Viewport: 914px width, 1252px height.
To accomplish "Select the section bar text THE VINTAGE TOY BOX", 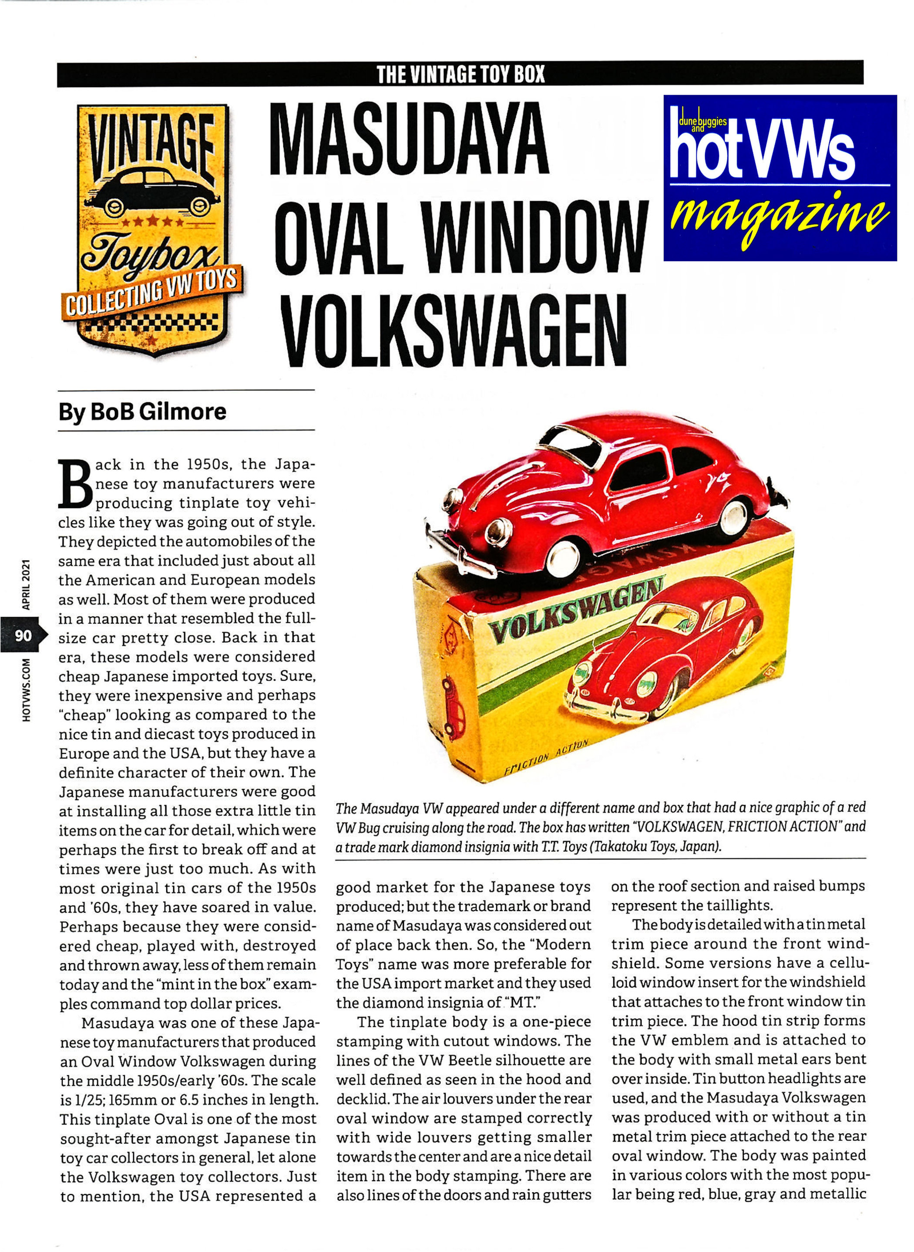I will (460, 74).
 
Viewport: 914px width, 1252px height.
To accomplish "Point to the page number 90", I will (23, 635).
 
